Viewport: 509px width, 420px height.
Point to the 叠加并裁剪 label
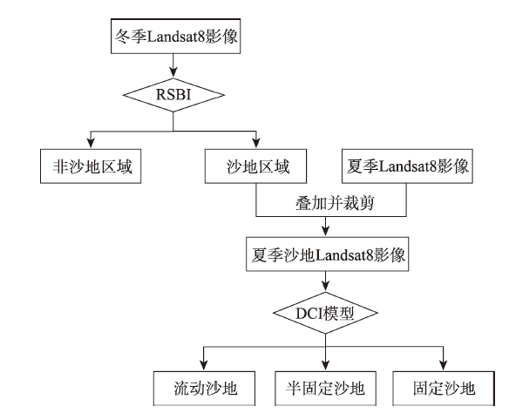click(335, 203)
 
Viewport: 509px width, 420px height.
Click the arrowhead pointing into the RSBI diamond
click(173, 72)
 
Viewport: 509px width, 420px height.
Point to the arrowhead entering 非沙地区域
click(91, 144)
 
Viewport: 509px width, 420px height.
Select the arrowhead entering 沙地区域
click(256, 144)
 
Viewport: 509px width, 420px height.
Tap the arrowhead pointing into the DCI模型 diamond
click(326, 287)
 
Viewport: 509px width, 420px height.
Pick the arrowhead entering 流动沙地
click(204, 366)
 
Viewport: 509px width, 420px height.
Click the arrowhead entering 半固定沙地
click(326, 366)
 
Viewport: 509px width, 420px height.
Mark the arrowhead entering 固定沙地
click(444, 366)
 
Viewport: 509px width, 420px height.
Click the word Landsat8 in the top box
click(176, 36)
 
